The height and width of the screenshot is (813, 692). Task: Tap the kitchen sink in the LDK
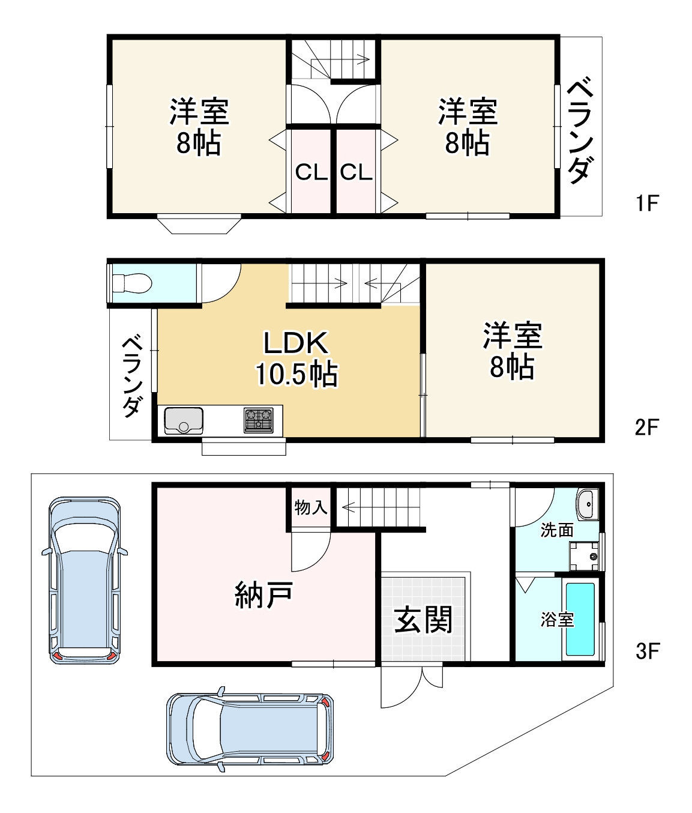pos(183,420)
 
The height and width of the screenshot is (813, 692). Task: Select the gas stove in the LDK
pos(258,420)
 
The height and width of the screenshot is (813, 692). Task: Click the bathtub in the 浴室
pos(580,619)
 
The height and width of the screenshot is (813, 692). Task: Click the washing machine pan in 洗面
pos(584,556)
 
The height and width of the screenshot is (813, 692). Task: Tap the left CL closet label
pos(311,173)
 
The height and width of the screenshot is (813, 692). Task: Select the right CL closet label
pos(357,173)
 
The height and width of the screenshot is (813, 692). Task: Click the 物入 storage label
pos(311,508)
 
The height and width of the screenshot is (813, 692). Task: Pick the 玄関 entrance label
pos(424,620)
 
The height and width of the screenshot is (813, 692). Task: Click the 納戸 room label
pos(263,595)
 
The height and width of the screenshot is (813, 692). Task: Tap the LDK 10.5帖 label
pos(296,359)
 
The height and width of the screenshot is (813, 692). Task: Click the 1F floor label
pos(647,204)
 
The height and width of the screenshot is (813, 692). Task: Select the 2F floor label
pos(647,428)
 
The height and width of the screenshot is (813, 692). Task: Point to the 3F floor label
pos(648,651)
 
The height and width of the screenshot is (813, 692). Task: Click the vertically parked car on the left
pos(85,581)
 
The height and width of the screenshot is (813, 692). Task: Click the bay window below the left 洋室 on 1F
pos(199,225)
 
